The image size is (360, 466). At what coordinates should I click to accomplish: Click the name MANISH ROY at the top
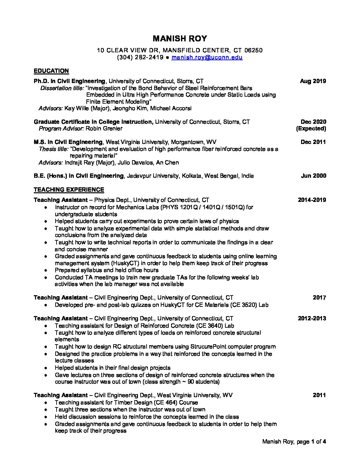coord(180,39)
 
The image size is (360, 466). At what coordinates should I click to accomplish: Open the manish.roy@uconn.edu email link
coord(207,57)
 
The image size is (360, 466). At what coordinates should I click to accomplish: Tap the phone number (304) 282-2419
coord(140,57)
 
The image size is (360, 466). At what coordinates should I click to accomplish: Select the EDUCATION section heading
coord(51,71)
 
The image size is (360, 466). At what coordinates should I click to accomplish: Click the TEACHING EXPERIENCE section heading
coord(69,190)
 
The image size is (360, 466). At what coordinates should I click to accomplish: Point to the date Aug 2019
coord(313,81)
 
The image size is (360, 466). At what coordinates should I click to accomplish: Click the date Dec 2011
coord(313,142)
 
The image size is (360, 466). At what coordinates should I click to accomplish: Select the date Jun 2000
coord(313,176)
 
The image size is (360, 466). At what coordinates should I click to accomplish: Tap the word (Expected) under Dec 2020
coord(311,128)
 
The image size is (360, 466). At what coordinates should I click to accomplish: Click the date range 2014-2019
coord(312,200)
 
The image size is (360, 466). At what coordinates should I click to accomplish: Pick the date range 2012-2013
coord(312,318)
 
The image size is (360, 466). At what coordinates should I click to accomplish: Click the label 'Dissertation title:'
coord(62,88)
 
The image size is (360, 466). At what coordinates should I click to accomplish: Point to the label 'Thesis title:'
coord(54,149)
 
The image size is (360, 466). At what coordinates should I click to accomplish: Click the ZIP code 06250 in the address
coord(253,50)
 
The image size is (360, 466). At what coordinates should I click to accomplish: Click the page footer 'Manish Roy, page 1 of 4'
coord(294,442)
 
